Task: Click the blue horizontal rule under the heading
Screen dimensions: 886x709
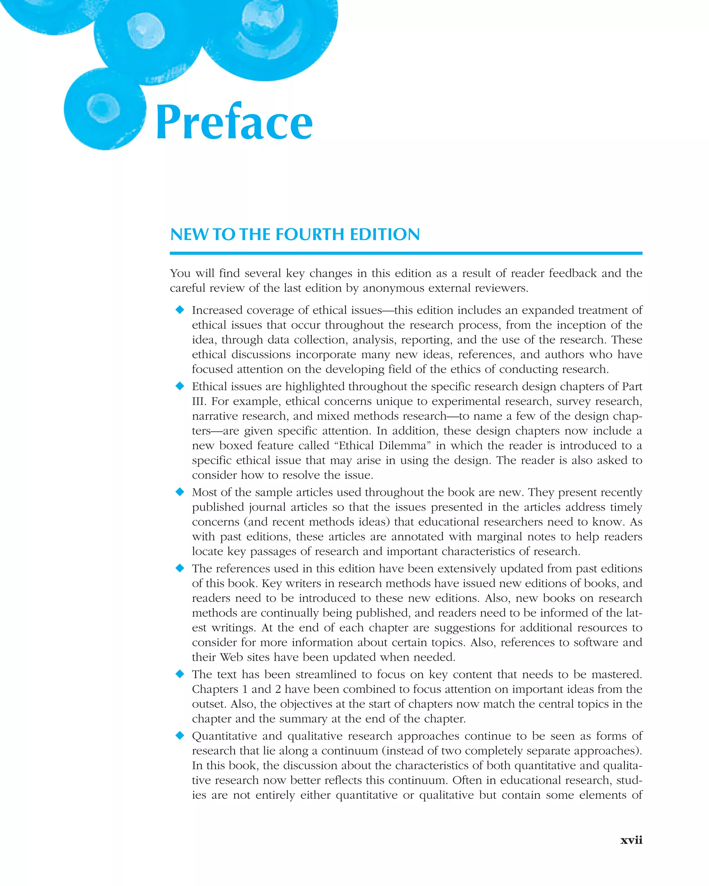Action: click(x=406, y=253)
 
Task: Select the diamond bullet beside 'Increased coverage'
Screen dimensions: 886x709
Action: click(x=180, y=310)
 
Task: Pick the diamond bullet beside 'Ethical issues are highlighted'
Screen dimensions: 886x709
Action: click(x=180, y=386)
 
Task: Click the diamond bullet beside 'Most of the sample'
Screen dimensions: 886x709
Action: click(x=180, y=492)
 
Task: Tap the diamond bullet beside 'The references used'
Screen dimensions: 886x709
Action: click(x=180, y=568)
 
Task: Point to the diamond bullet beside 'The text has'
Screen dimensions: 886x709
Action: click(x=180, y=674)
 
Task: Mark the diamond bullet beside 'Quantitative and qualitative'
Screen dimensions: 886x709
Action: click(x=180, y=735)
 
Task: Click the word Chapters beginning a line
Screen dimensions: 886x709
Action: click(x=215, y=689)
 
